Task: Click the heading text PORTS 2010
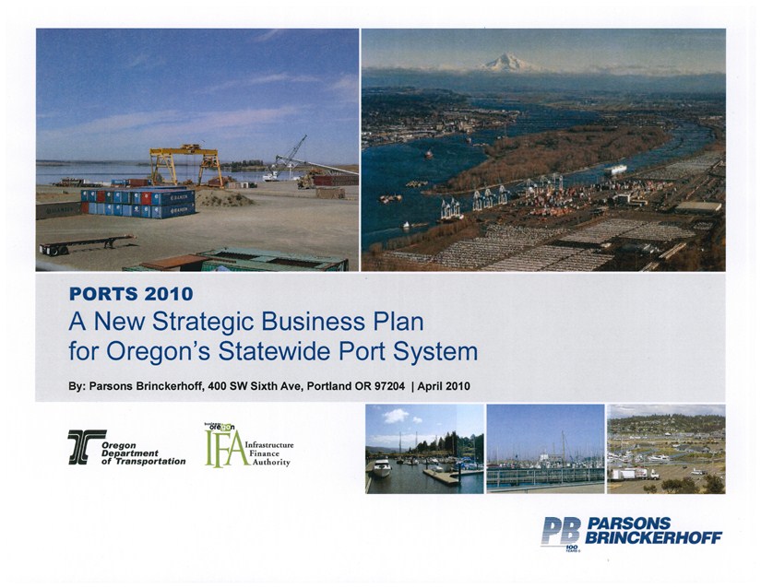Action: (x=132, y=295)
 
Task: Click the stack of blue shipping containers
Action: (x=137, y=203)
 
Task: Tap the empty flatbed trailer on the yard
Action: (x=85, y=244)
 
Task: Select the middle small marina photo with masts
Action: (x=545, y=448)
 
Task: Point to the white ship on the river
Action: (x=615, y=169)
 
